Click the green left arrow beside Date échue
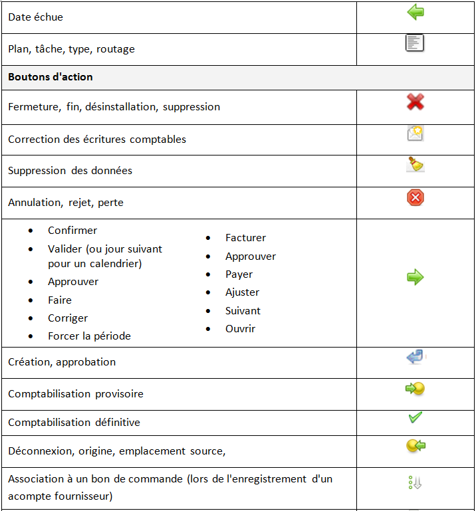(x=416, y=13)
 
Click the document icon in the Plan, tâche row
(x=415, y=44)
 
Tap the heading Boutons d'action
(x=51, y=77)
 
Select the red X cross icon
(x=416, y=102)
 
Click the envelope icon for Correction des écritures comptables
(x=416, y=134)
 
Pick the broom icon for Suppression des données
(x=416, y=165)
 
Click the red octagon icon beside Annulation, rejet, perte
(x=416, y=197)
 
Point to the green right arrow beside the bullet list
(x=416, y=278)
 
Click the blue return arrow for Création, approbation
(x=415, y=358)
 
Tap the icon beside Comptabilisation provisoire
(x=416, y=389)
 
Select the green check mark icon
(x=416, y=418)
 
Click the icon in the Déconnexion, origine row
(x=416, y=446)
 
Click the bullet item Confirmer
(x=72, y=231)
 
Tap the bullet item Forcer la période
(x=89, y=336)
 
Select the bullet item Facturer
(x=245, y=238)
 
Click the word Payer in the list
(x=239, y=274)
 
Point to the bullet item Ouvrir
(x=240, y=329)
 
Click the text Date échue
(x=35, y=17)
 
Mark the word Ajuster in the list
(x=242, y=292)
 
